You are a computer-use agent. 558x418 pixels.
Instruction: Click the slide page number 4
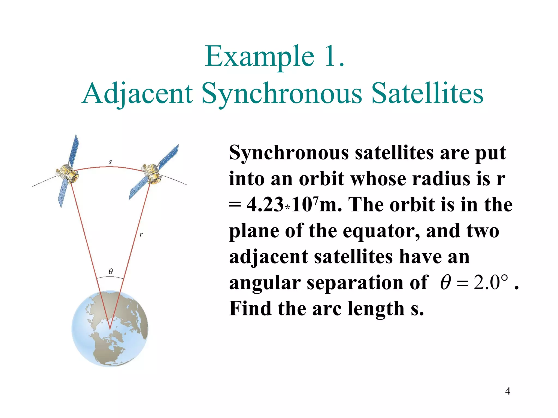[508, 391]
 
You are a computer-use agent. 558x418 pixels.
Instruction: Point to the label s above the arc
[110, 162]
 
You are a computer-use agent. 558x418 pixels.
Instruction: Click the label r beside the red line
[141, 234]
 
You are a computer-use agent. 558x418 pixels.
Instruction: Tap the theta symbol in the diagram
[111, 271]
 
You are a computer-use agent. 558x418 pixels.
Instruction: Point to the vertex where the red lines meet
[110, 329]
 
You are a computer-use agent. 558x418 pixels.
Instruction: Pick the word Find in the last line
[250, 309]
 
